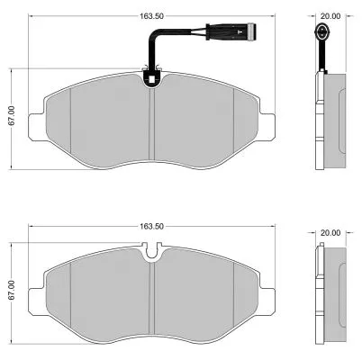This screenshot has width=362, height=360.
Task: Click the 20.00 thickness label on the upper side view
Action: (330, 14)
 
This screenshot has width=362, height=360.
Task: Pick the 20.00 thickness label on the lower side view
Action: (330, 232)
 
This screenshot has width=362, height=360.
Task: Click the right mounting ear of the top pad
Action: (270, 124)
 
